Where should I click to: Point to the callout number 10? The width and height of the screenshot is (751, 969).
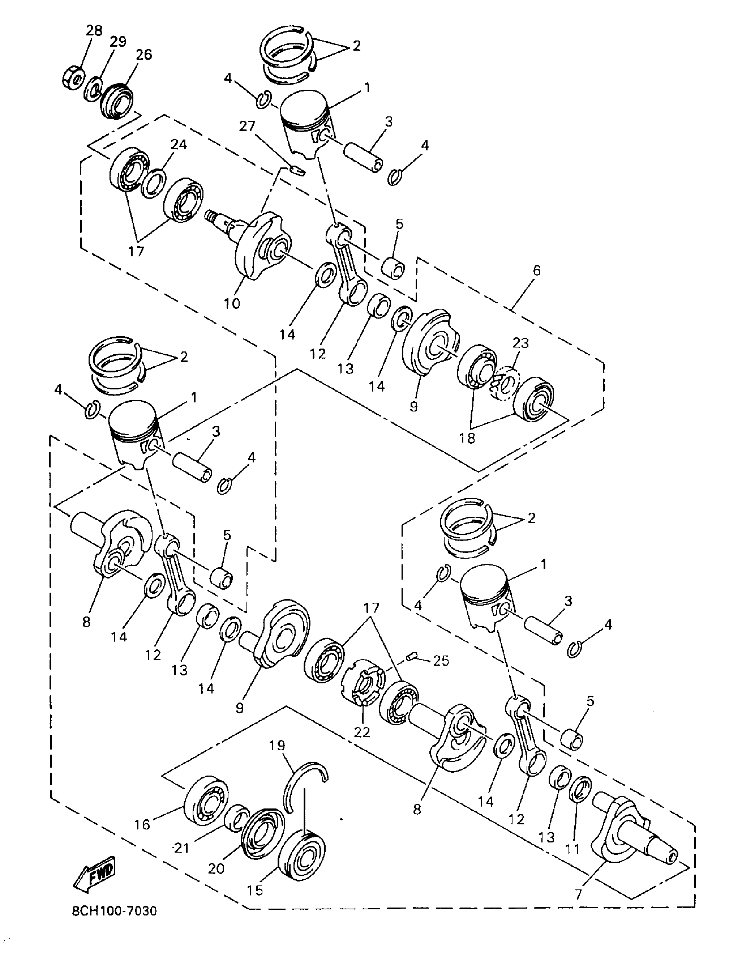click(232, 303)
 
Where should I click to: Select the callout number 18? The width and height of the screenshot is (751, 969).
click(468, 438)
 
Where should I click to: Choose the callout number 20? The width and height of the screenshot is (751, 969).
click(216, 868)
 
